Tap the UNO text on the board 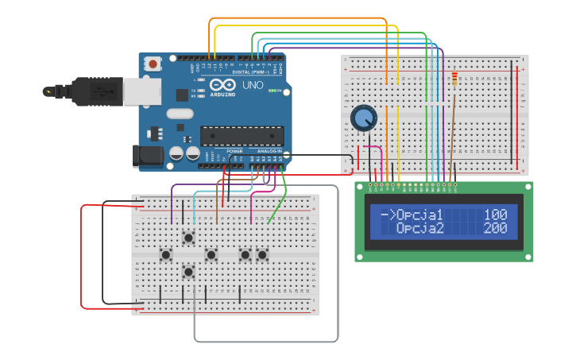coord(253,85)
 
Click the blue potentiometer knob coord(363,119)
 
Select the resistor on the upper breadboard coord(454,79)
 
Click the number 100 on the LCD coord(495,215)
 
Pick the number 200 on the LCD coord(495,229)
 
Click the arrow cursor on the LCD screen coord(388,215)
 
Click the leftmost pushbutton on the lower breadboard coord(166,255)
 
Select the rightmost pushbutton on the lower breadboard coord(262,255)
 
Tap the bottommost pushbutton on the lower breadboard coord(188,273)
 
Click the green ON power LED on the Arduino coord(272,91)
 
